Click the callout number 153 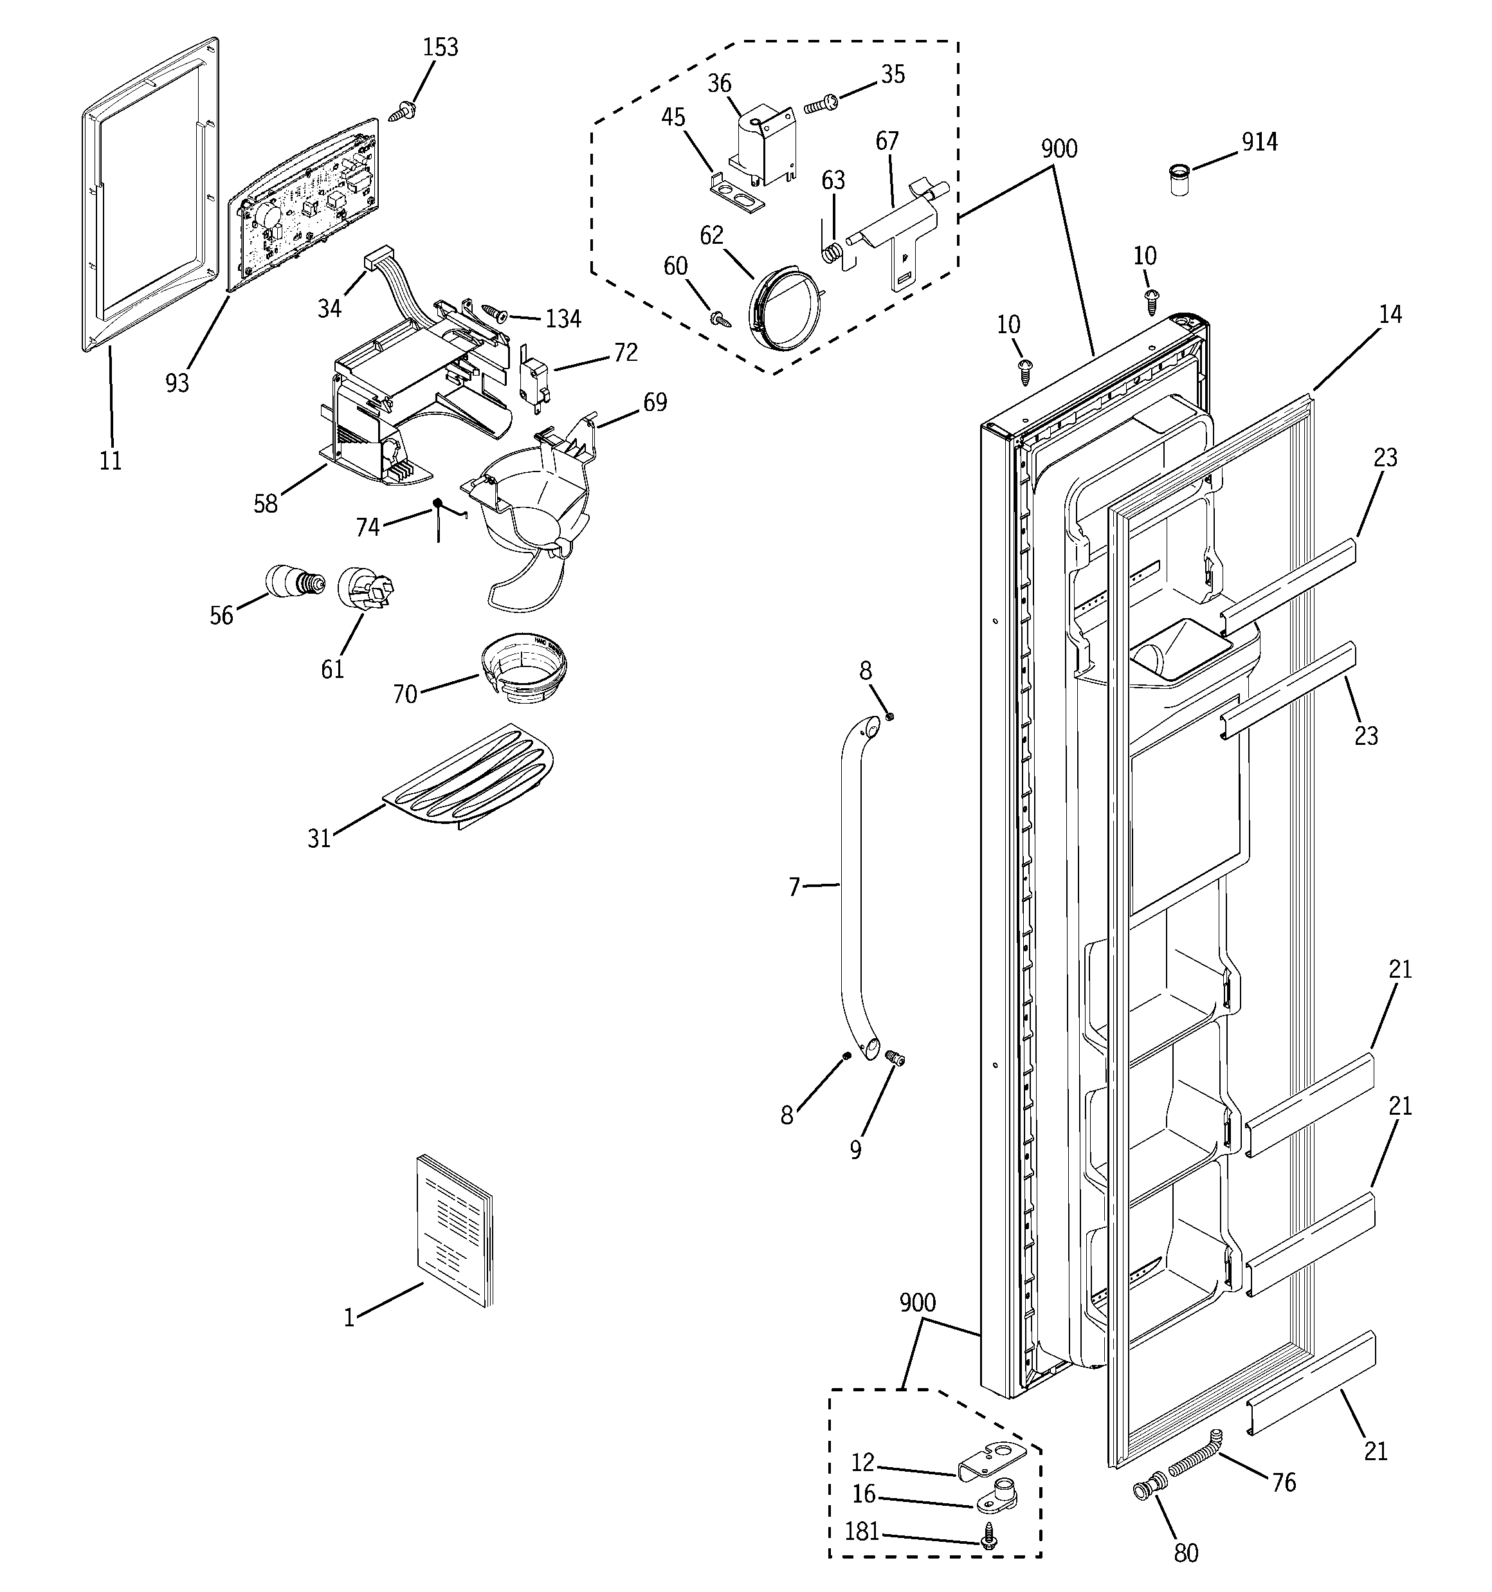441,48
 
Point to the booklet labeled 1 454,1230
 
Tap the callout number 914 1259,143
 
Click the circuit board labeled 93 304,204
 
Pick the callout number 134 563,320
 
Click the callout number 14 1390,315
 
